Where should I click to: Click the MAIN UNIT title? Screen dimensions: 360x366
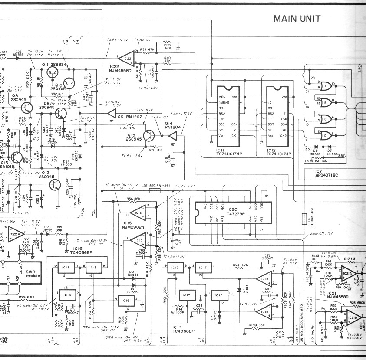click(x=297, y=19)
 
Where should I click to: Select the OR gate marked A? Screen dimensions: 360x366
click(x=323, y=86)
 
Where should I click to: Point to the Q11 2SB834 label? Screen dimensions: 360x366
click(x=54, y=64)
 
